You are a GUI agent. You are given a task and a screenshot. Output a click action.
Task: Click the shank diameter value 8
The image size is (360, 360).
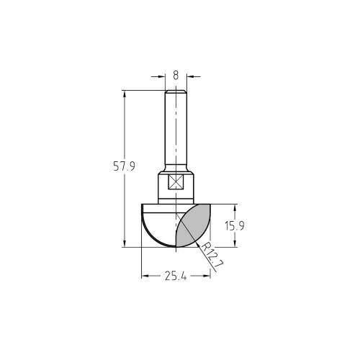(x=176, y=73)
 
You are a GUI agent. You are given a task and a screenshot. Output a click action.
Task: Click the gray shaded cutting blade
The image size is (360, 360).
(x=192, y=225)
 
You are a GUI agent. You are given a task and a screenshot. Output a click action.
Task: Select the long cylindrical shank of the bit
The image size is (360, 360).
(x=176, y=130)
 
